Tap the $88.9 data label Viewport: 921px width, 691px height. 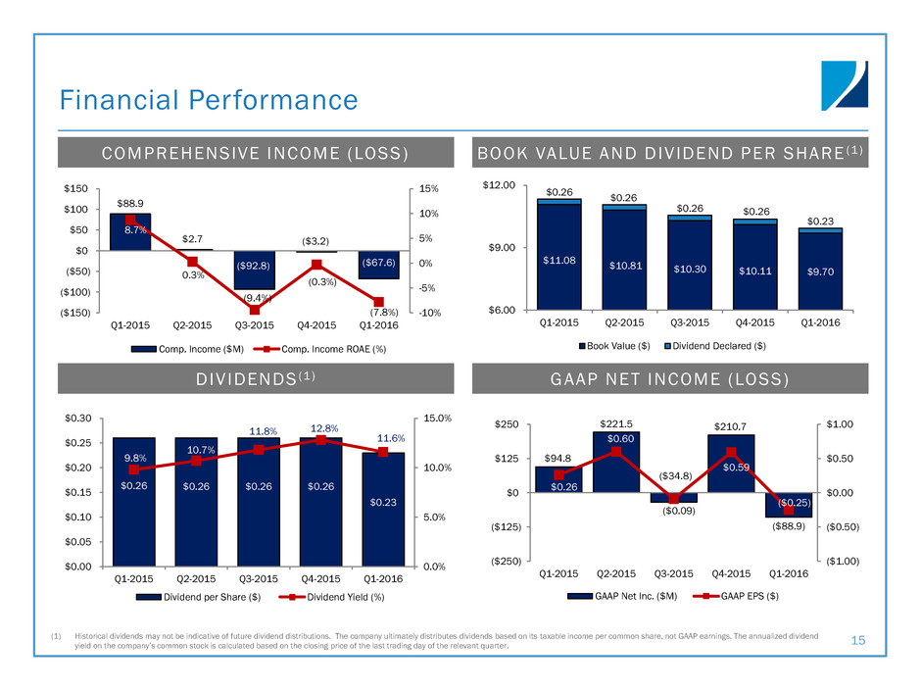(x=137, y=200)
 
